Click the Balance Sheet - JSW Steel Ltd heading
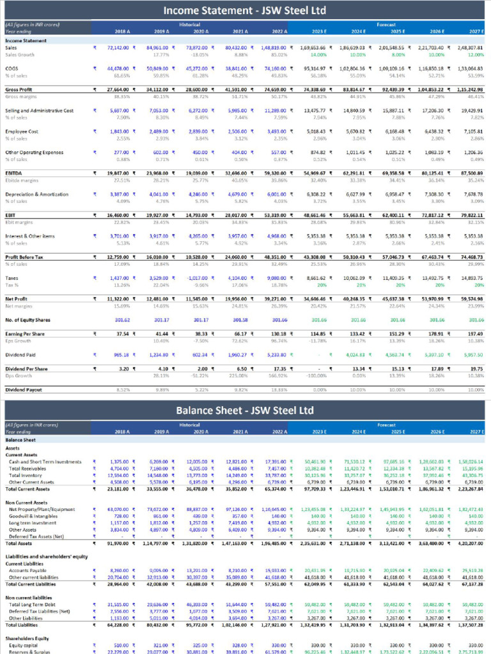(x=245, y=410)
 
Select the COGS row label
(x=12, y=68)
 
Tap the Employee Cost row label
(x=22, y=132)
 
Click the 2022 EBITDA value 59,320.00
(x=274, y=174)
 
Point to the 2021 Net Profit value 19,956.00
(x=235, y=299)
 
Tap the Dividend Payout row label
(x=24, y=389)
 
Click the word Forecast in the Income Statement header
(x=386, y=24)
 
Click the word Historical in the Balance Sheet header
(x=190, y=424)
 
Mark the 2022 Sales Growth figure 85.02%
(x=278, y=54)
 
